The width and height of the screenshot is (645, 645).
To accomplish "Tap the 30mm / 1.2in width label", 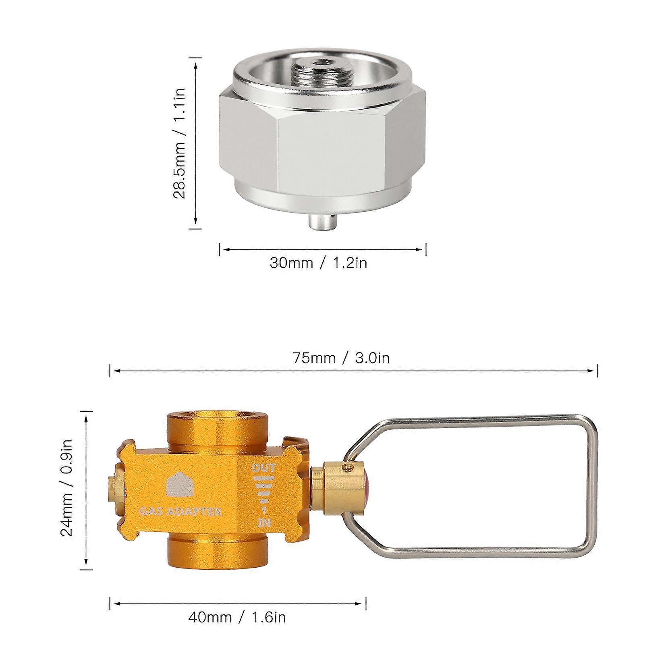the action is point(318,263).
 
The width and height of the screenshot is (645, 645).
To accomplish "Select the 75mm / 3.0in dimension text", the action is point(341,358).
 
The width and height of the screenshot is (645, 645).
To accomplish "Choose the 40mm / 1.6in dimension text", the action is point(237,618).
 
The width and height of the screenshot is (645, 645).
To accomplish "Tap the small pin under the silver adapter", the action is point(321,222).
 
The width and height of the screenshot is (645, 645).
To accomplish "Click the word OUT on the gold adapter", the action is point(263,468).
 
